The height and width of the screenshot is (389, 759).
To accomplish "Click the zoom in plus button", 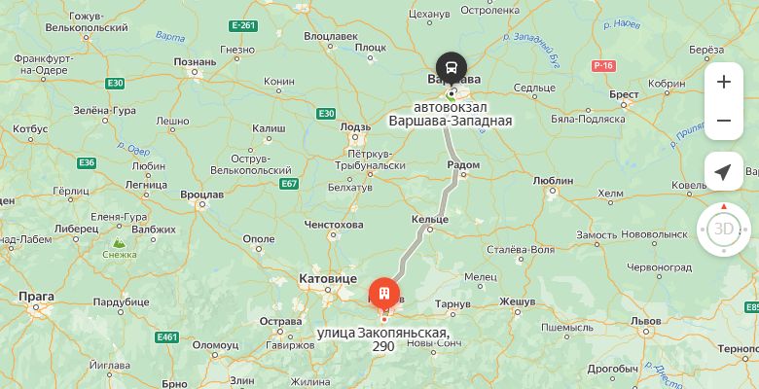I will coord(723,82).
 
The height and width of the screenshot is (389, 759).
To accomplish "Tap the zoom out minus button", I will coord(723,121).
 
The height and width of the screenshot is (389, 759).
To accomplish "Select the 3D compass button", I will coord(723,229).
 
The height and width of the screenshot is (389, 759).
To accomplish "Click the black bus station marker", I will coord(451,68).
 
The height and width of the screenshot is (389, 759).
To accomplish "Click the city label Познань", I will coord(195,62).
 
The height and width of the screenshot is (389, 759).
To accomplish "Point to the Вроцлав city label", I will coord(201,194).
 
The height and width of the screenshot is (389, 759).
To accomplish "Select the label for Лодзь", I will coord(355,126).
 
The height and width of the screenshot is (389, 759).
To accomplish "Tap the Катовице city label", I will coord(327,278).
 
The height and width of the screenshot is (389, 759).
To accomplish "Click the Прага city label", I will coord(36,296).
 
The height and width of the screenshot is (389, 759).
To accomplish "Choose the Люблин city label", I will coord(553,180).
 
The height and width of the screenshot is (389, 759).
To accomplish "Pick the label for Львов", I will coord(645,320).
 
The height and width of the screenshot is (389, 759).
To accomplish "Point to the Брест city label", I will coord(624,94).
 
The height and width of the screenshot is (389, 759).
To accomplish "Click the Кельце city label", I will coord(430,221).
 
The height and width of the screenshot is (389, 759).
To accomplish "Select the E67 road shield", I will coord(288,183).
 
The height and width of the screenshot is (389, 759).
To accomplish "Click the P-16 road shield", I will coord(603,65).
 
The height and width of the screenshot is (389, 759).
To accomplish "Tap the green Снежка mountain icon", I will coord(119,243).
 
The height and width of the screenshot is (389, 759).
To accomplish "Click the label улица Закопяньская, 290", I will coord(382,339).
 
